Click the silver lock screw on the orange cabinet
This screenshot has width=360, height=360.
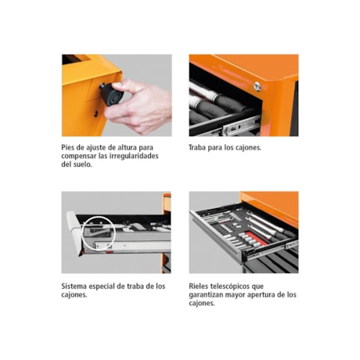pyautogui.click(x=257, y=86)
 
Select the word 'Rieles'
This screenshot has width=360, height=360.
pyautogui.click(x=202, y=286)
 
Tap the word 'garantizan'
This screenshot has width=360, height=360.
pyautogui.click(x=211, y=295)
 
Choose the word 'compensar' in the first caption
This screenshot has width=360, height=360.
pyautogui.click(x=82, y=156)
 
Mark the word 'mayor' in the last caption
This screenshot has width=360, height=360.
pyautogui.click(x=243, y=295)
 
